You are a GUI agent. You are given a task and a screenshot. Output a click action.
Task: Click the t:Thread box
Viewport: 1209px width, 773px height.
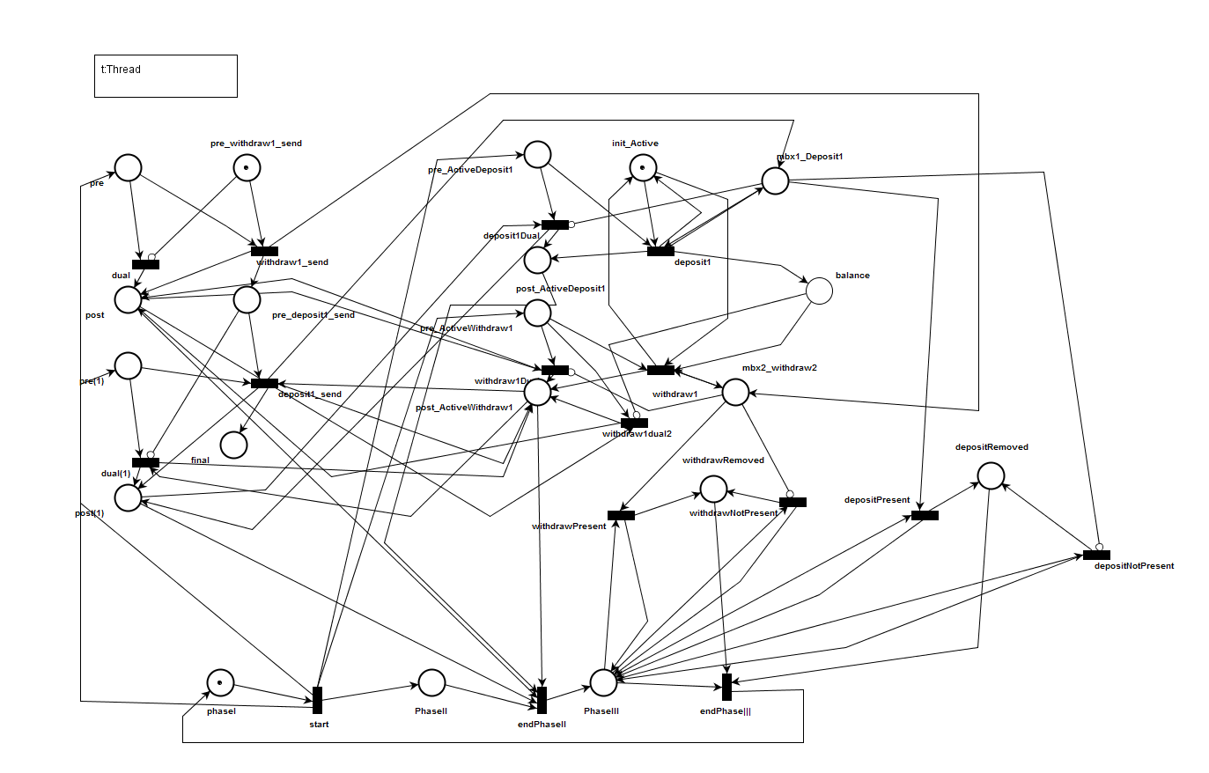166,76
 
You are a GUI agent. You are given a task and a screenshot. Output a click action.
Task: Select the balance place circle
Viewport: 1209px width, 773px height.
819,291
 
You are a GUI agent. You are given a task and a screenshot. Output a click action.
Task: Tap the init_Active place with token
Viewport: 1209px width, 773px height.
643,167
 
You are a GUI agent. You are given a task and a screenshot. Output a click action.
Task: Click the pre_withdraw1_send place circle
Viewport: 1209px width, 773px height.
247,167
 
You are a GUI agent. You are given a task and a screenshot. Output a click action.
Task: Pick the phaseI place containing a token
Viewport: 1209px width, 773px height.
220,682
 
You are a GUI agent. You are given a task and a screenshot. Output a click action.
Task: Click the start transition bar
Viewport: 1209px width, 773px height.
317,700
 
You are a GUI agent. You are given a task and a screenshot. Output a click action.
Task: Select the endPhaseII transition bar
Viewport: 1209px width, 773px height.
542,700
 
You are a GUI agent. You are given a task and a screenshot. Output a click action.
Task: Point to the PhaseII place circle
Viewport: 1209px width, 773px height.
431,682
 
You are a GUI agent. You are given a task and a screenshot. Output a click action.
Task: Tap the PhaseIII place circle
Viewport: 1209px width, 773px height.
603,682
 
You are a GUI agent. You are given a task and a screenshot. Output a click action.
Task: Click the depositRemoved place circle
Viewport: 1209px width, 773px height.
991,475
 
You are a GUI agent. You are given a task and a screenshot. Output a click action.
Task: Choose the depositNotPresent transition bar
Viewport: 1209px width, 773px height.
1096,555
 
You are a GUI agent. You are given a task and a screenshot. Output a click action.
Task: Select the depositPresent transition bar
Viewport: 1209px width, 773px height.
925,515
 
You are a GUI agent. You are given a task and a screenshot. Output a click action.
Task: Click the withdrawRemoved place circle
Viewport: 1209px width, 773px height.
713,489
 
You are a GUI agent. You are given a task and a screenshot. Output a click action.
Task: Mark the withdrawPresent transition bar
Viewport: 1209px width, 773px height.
621,515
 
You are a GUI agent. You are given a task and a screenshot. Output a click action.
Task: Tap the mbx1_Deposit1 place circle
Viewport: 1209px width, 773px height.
775,180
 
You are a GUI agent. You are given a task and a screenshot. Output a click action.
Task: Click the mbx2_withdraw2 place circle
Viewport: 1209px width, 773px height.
735,392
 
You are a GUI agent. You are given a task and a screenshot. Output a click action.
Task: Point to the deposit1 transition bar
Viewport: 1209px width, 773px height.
660,251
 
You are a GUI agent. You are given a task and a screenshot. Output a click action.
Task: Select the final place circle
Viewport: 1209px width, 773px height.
233,445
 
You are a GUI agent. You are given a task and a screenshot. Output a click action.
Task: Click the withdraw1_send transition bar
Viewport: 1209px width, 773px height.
264,251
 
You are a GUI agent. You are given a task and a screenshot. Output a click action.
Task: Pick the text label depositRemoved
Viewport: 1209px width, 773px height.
992,447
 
